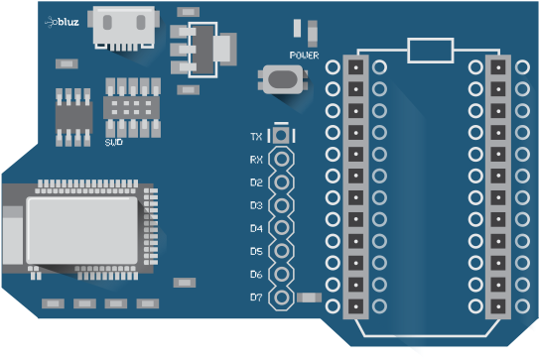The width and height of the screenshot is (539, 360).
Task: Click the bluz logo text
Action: (x=67, y=20)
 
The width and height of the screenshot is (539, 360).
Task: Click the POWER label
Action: (x=305, y=56)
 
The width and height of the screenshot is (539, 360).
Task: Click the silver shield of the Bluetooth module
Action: (x=81, y=229)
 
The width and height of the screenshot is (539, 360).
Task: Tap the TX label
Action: (x=256, y=136)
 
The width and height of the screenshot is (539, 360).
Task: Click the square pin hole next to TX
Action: (x=283, y=136)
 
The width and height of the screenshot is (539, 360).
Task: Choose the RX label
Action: (x=256, y=160)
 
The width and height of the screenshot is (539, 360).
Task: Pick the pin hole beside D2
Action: (x=283, y=182)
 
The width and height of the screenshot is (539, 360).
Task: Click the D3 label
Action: (x=256, y=205)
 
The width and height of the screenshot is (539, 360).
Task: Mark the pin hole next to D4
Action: (x=283, y=228)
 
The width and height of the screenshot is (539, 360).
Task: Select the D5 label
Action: (x=256, y=251)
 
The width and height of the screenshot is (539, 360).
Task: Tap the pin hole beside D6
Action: (x=283, y=274)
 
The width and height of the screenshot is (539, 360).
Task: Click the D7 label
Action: (x=256, y=297)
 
